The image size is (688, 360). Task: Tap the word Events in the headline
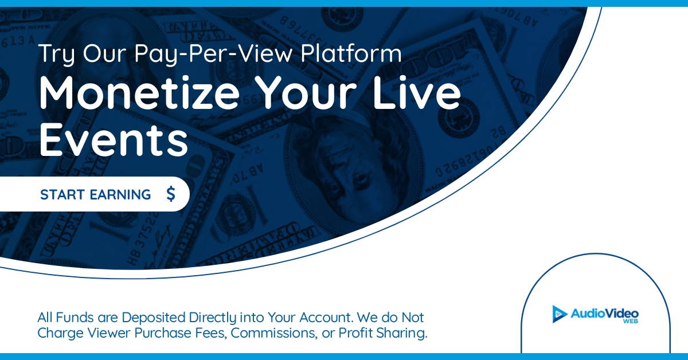coord(114,141)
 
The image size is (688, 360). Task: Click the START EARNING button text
coord(95,195)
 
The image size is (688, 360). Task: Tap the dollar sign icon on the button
coord(170,195)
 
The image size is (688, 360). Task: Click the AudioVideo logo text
coord(604,313)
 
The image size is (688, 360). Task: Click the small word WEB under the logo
coord(630,322)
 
